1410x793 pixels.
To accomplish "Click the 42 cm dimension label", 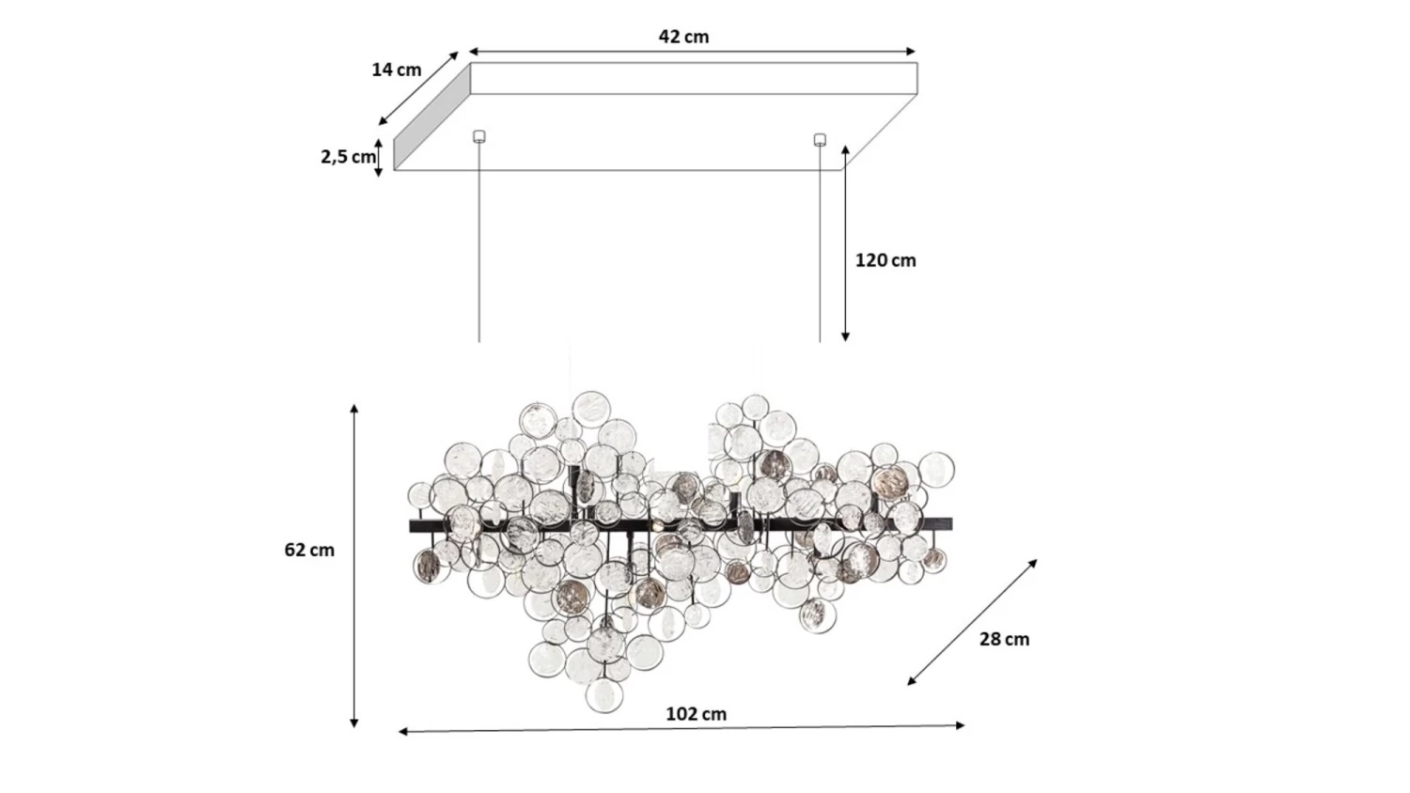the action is coord(683,37).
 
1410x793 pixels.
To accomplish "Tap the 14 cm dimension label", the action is coord(397,70).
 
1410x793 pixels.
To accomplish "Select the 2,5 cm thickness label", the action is coord(348,157).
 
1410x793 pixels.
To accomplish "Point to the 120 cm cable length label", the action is coord(885,260).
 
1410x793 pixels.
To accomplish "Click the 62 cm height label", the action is coord(309,550).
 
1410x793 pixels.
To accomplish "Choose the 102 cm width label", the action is coord(697,714).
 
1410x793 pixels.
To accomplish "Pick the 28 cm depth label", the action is coord(1005,639).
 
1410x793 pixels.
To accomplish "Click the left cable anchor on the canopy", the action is coord(479,136).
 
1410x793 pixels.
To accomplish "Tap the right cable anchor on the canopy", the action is coord(820,139).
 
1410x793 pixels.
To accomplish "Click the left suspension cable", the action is coord(479,242).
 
